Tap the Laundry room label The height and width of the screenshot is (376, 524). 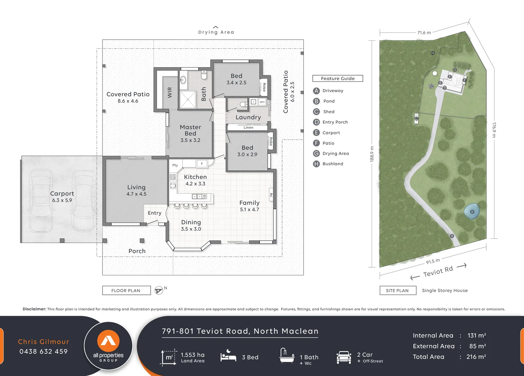[248, 117]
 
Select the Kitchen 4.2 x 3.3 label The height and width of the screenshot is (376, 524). [195, 180]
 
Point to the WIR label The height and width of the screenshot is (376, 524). [170, 92]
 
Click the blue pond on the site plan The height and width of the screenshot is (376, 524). [472, 212]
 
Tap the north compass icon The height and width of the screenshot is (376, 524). [159, 290]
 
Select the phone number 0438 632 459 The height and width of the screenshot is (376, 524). [44, 351]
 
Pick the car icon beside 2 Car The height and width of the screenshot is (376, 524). [344, 357]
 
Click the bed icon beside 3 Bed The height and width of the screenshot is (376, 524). [228, 357]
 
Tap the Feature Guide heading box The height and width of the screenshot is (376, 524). [337, 78]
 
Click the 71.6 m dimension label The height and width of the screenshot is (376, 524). [424, 33]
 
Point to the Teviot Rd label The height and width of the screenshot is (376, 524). [438, 271]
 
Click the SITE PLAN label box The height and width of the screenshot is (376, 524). [397, 290]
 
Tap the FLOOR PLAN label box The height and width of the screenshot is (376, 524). [126, 290]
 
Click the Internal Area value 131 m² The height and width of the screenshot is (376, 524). [477, 335]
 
